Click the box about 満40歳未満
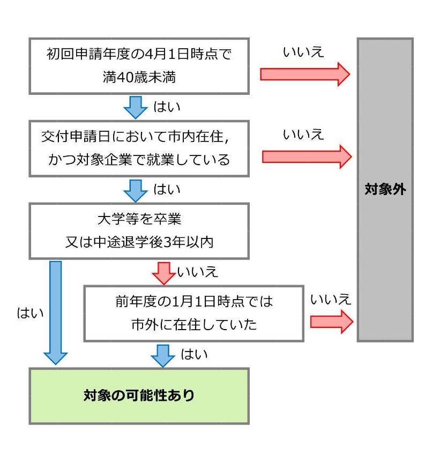coord(139,66)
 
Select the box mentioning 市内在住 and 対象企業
coord(139,148)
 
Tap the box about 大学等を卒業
coord(139,230)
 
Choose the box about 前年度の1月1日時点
coord(193,313)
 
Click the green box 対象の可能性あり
coord(139,396)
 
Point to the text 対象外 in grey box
coord(385,190)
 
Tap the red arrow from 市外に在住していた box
coord(331,322)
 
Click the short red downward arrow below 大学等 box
coord(163,273)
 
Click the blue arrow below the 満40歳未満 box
coord(135,107)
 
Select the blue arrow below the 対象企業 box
coord(135,190)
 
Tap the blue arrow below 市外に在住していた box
coord(163,355)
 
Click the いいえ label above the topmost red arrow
coord(303,52)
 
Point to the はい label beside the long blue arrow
coord(31,313)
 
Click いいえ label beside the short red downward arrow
coord(198,272)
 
